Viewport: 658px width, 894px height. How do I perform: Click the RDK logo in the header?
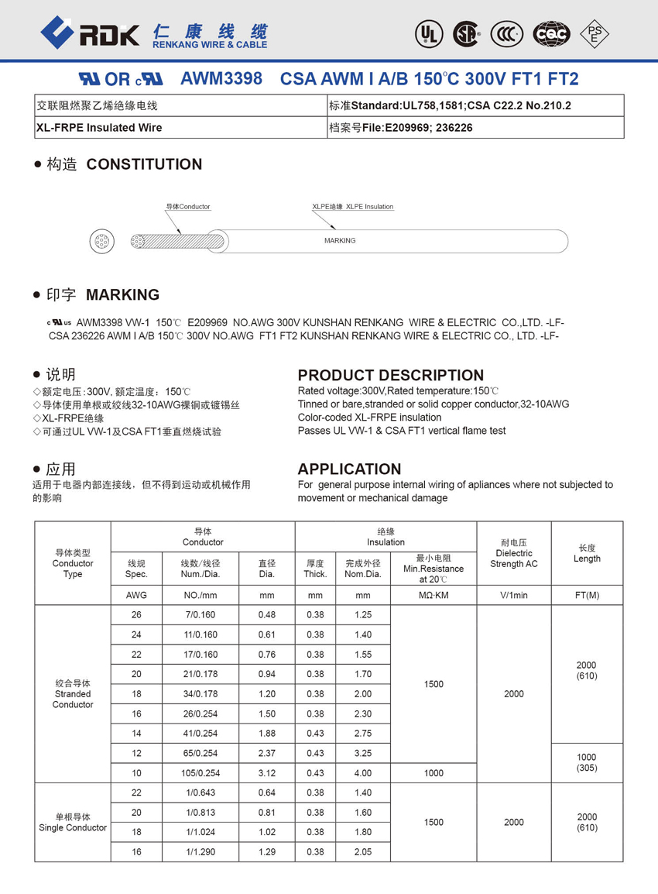(x=90, y=33)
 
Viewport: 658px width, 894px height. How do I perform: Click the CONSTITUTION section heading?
(x=144, y=164)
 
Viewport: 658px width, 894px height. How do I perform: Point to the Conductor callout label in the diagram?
(x=188, y=207)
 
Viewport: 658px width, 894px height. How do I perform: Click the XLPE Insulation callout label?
(x=353, y=207)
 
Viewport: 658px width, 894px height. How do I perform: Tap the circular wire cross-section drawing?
(x=103, y=242)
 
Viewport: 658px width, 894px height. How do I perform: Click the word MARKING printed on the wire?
(x=340, y=241)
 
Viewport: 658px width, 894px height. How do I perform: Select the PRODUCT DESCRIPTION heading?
(x=391, y=375)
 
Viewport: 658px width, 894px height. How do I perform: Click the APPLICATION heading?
(x=349, y=469)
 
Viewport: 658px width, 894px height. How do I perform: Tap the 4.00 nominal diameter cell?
(x=362, y=773)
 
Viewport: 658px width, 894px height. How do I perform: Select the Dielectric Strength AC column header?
(x=514, y=559)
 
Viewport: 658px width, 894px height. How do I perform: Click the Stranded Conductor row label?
(x=73, y=694)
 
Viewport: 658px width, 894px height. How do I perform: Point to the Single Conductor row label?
(x=73, y=823)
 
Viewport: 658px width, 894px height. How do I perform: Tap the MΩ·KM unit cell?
(x=434, y=596)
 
